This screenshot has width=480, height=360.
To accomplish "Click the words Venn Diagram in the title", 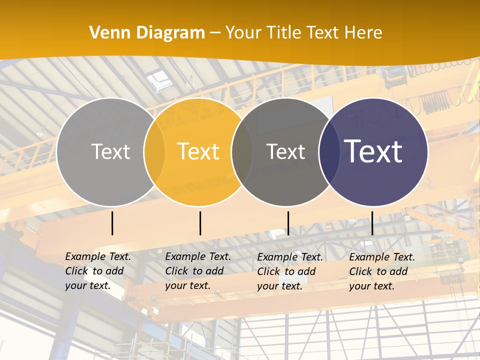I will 147,33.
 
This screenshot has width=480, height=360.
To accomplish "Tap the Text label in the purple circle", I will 373,151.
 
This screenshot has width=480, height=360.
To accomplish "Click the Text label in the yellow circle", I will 198,151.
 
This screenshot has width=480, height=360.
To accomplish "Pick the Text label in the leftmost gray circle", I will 110,151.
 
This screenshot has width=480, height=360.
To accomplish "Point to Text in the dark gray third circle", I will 285,151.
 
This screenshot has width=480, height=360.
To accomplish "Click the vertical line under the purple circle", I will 372,223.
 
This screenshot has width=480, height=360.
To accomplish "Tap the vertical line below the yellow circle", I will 200,223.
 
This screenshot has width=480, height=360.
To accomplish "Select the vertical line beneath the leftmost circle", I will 112,223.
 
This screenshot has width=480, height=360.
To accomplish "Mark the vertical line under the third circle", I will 288,223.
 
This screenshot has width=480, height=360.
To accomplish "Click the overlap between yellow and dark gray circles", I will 242,151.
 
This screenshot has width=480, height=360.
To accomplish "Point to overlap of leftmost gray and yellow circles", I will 154,151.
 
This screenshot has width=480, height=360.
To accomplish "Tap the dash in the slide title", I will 215,33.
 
